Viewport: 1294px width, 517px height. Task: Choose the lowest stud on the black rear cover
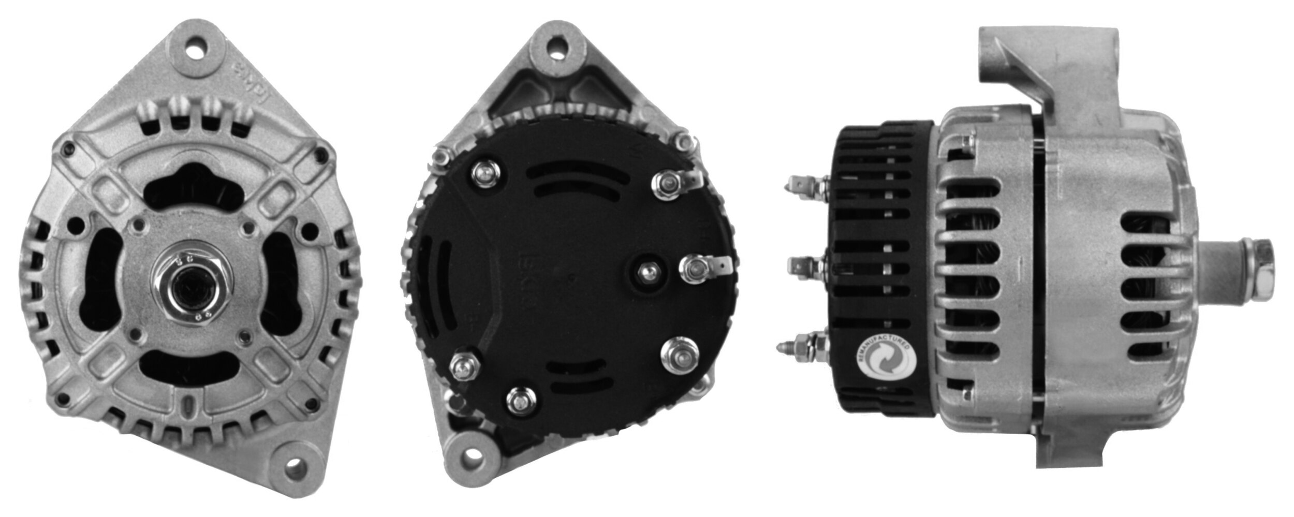519,399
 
